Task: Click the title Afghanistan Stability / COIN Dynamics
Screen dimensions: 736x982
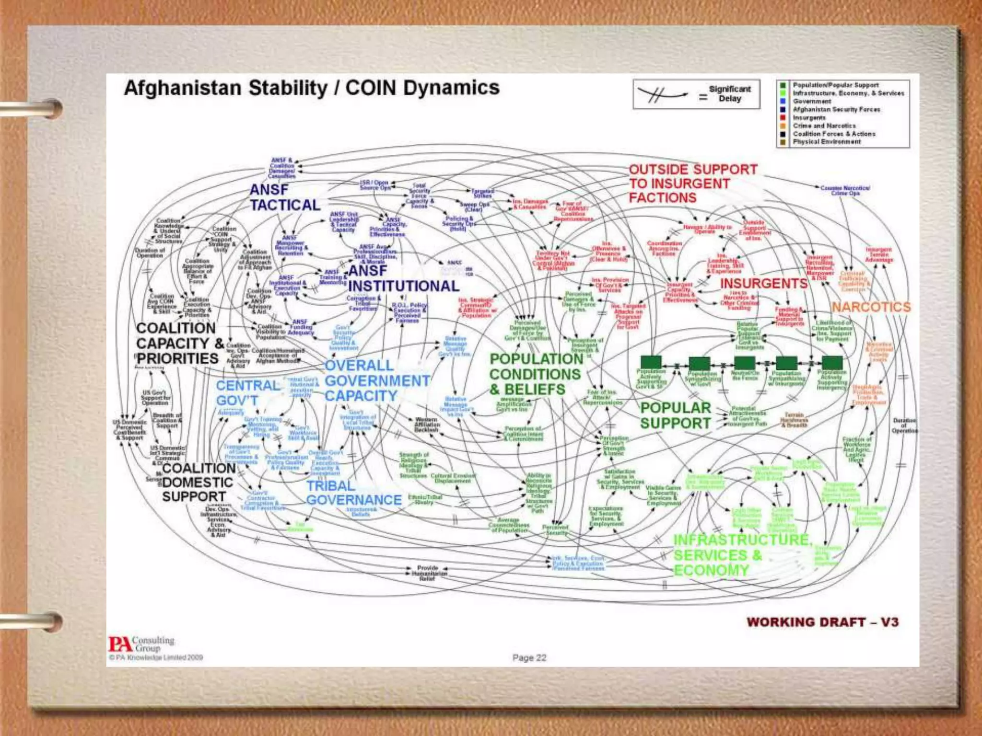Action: pyautogui.click(x=312, y=88)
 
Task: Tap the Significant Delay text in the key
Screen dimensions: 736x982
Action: pyautogui.click(x=729, y=93)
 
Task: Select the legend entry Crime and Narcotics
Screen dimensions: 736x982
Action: pyautogui.click(x=824, y=126)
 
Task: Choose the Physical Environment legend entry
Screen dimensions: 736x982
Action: pyautogui.click(x=827, y=142)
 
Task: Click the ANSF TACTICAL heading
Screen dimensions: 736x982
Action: pyautogui.click(x=284, y=197)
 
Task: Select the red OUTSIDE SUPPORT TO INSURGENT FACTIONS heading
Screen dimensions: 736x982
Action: pyautogui.click(x=692, y=184)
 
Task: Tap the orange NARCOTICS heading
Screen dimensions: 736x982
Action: pyautogui.click(x=871, y=307)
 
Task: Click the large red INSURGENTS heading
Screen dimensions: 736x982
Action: pyautogui.click(x=763, y=284)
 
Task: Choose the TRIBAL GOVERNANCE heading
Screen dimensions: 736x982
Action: pyautogui.click(x=354, y=493)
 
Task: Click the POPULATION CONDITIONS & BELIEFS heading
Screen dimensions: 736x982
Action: pyautogui.click(x=536, y=374)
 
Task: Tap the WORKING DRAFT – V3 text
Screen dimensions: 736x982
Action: pyautogui.click(x=822, y=622)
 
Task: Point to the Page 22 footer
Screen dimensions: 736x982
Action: pyautogui.click(x=529, y=658)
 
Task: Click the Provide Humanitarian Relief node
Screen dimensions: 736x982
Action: pyautogui.click(x=427, y=573)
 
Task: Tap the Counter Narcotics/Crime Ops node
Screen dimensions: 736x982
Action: pyautogui.click(x=845, y=190)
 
